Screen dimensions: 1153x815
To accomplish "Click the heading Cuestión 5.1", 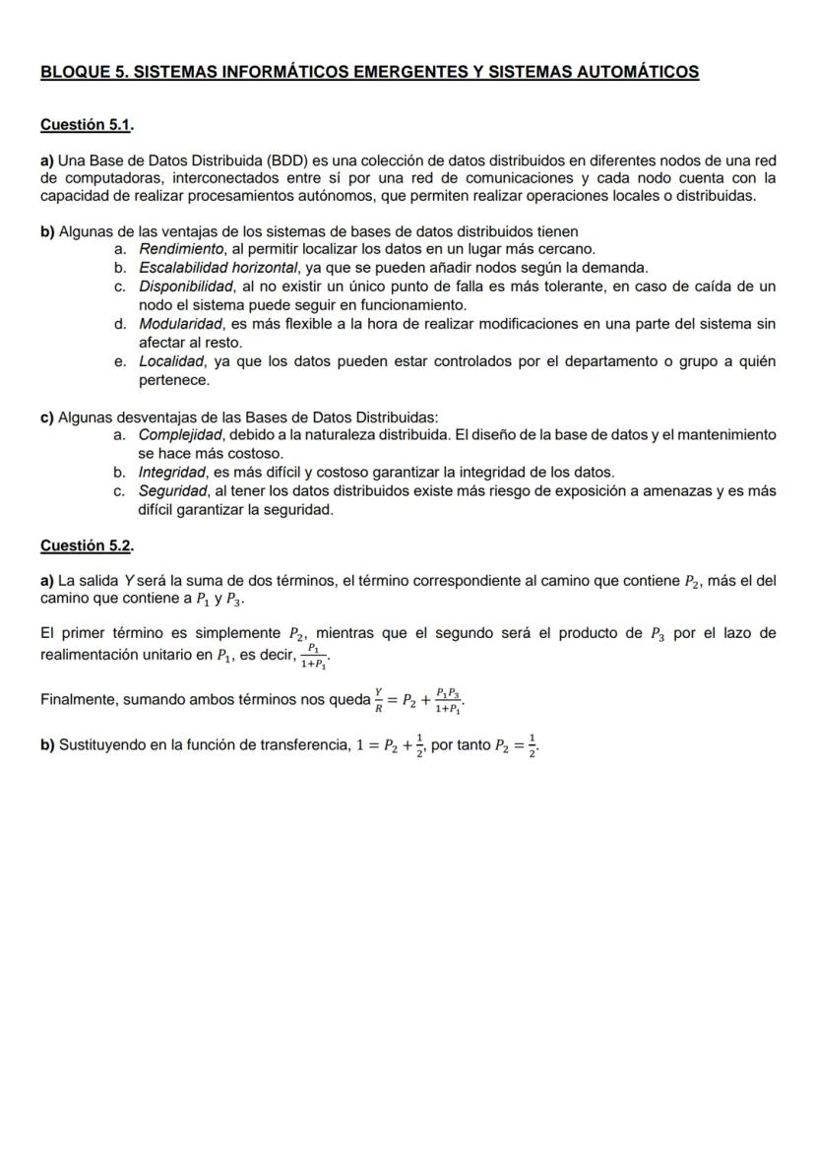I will pyautogui.click(x=86, y=125).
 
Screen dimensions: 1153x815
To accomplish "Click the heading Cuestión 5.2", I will pyautogui.click(x=86, y=544).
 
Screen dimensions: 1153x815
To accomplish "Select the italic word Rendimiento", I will pyautogui.click(x=178, y=249).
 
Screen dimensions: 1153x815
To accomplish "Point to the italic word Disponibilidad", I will pyautogui.click(x=185, y=287).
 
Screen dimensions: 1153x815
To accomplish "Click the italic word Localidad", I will pyautogui.click(x=169, y=361).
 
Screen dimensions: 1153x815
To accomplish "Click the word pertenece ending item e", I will pyautogui.click(x=173, y=380).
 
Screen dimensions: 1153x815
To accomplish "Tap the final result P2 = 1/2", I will pyautogui.click(x=517, y=745).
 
